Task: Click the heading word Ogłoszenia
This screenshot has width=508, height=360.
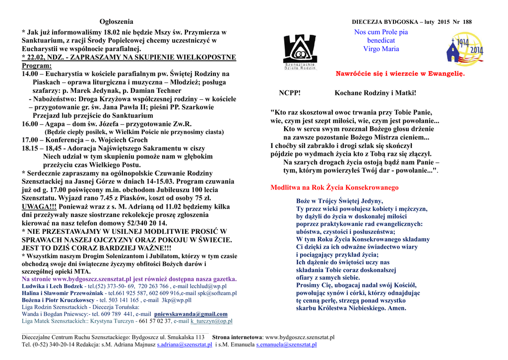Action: tap(116, 22)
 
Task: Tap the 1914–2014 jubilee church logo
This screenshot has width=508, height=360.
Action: tap(464, 48)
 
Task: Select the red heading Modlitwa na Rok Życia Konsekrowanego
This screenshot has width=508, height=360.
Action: tap(334, 188)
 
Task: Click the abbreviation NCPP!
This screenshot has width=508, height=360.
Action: tap(289, 93)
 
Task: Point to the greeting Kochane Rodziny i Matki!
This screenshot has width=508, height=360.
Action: tap(375, 93)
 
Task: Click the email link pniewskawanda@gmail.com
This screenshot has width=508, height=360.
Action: tap(191, 314)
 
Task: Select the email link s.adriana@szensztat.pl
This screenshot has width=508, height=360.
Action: tap(185, 344)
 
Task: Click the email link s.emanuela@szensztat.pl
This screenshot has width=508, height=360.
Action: tap(286, 344)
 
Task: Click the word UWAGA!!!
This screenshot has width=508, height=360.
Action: tap(39, 207)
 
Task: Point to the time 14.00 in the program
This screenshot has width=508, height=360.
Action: tap(30, 74)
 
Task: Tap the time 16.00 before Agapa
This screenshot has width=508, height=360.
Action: tap(30, 124)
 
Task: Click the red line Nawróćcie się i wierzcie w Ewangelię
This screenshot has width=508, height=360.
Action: tap(400, 73)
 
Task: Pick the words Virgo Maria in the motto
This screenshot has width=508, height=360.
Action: tap(381, 49)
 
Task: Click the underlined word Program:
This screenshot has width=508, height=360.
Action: tap(37, 66)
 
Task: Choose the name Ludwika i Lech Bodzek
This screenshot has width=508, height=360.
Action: tap(53, 287)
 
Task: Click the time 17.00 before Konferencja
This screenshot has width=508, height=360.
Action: tap(30, 140)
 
